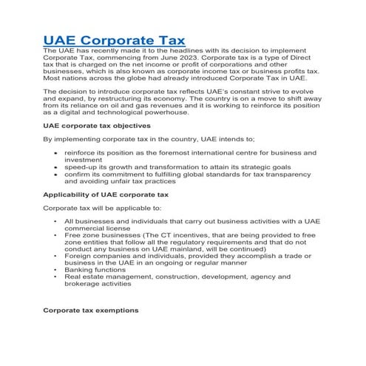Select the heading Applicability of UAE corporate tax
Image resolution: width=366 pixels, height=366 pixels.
coord(106,194)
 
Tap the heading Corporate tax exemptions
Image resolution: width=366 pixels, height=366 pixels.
coord(90,310)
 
